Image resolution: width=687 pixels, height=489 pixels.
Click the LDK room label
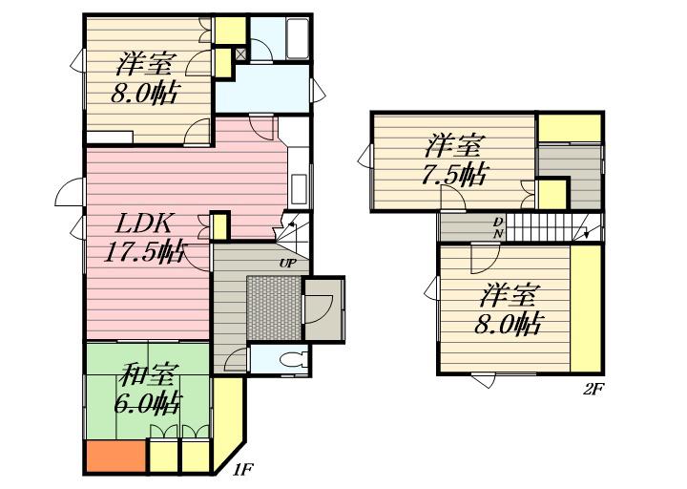point(143,224)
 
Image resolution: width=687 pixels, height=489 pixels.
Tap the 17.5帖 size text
point(145,252)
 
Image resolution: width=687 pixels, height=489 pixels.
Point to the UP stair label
point(287,264)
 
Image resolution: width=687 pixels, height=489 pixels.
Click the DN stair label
point(498,226)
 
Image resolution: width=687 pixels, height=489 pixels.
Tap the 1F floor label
point(242,470)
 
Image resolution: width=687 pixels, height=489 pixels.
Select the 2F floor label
point(593,389)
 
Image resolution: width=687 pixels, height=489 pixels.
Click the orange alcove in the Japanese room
point(116,456)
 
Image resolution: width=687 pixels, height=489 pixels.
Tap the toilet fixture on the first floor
point(294,360)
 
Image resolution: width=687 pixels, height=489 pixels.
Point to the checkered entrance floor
point(274,308)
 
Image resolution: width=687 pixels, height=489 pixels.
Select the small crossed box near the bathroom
point(241,53)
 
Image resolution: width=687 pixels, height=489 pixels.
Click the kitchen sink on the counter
point(299,189)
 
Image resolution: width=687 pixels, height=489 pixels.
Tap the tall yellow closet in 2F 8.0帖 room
point(586,308)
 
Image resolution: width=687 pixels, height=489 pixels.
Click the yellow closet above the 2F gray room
point(569,128)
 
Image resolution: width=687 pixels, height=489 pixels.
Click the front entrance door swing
point(319,309)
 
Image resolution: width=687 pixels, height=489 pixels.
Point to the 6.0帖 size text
point(148,403)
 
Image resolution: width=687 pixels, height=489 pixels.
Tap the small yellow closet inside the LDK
point(220,225)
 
